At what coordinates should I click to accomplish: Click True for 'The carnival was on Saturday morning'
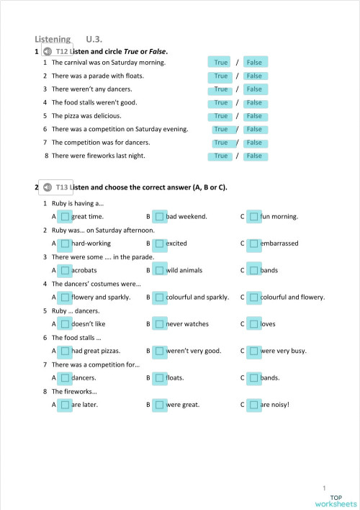221,63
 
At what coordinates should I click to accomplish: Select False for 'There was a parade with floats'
254,76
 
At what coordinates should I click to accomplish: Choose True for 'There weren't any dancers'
221,89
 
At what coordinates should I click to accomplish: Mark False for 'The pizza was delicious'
254,116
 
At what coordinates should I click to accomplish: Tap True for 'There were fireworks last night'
221,156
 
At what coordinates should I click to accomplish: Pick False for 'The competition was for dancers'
254,143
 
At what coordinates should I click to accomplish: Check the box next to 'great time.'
65,216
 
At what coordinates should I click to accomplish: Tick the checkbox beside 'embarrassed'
253,243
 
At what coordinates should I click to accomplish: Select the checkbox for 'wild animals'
159,270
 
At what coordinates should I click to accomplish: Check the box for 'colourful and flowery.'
253,297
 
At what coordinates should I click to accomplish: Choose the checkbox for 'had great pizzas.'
65,351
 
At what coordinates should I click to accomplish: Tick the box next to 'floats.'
159,377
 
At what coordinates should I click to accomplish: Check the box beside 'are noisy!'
253,405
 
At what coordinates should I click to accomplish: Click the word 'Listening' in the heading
53,40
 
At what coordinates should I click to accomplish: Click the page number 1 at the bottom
325,488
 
